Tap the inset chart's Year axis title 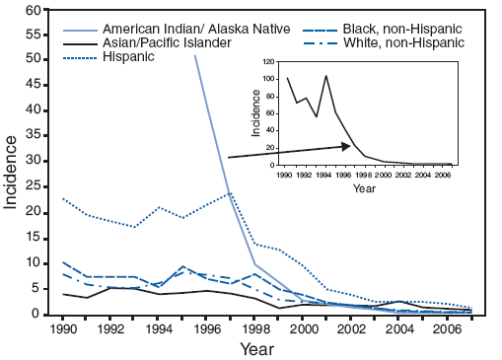365,187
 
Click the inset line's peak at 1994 325,75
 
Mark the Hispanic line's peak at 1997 231,193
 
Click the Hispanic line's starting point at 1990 63,198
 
